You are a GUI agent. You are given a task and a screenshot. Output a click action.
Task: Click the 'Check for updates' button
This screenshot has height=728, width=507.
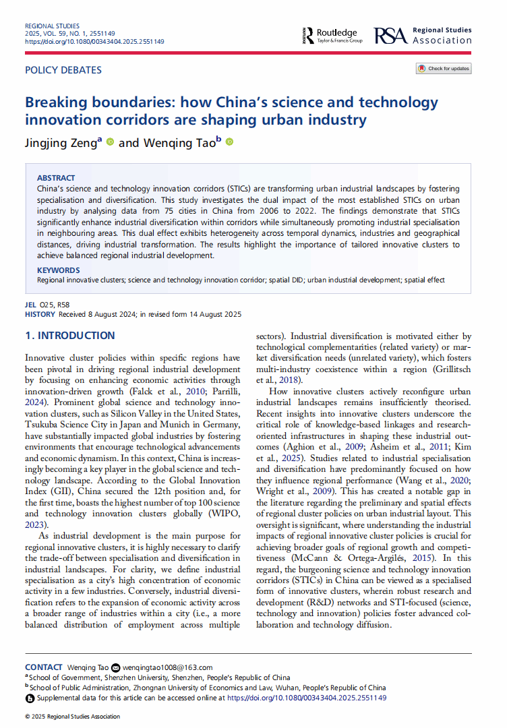444,68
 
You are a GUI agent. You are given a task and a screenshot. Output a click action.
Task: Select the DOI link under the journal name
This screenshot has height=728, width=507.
94,41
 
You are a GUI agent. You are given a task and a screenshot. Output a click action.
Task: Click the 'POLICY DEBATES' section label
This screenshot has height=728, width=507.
63,70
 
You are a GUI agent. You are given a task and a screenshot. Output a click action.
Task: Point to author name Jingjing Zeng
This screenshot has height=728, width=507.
61,142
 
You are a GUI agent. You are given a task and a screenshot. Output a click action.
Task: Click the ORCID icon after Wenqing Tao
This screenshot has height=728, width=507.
229,142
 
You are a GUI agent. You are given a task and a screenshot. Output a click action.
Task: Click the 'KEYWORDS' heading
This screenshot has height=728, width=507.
58,270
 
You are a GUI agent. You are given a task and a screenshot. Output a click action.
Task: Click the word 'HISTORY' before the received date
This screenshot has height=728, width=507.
40,314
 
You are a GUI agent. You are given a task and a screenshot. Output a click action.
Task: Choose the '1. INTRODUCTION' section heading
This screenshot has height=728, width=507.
70,336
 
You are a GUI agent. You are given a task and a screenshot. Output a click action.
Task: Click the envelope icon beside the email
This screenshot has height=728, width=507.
115,667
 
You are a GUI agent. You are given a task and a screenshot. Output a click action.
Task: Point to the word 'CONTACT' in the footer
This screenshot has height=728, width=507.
44,667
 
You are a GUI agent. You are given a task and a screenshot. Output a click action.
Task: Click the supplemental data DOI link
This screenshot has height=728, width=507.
307,698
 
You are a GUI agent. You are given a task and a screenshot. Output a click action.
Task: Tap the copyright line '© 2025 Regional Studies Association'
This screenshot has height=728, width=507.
72,716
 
